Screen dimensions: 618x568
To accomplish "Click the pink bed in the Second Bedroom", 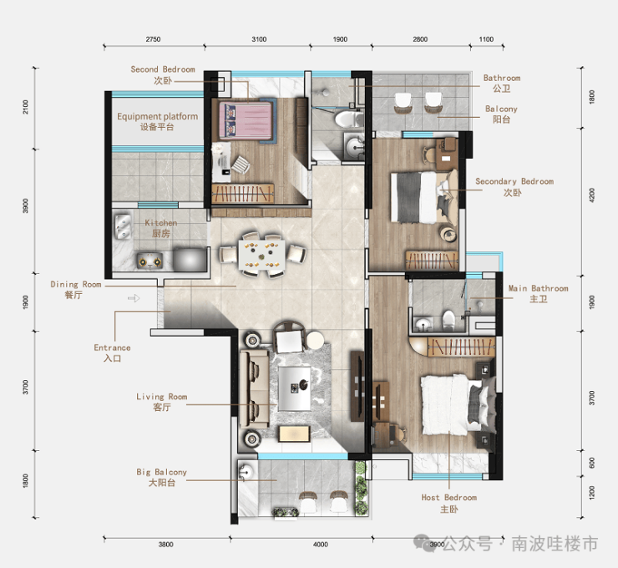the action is click(x=246, y=120).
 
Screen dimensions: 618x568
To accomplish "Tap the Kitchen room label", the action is click(x=161, y=228).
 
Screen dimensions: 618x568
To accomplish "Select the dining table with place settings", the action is click(x=261, y=254).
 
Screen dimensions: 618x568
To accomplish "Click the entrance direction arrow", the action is click(x=134, y=298).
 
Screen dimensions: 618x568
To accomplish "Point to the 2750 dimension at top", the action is click(x=153, y=39).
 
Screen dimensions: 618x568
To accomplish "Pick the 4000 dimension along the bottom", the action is click(x=321, y=545).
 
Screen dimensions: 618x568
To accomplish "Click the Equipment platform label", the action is click(x=157, y=121).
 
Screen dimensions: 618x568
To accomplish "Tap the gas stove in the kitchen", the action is click(x=149, y=261).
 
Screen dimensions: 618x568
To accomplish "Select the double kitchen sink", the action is click(x=123, y=226).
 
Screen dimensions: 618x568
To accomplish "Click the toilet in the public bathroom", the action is click(x=348, y=119).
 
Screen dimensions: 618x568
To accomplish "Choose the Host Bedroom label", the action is click(x=449, y=504).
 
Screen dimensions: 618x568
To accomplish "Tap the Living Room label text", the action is click(x=161, y=402).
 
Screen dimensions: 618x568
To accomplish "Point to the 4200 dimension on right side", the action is click(x=591, y=195).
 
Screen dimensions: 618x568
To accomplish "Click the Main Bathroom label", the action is click(x=538, y=294).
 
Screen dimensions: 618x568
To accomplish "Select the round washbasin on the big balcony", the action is click(x=246, y=472).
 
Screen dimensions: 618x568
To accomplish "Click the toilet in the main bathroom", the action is click(x=448, y=320).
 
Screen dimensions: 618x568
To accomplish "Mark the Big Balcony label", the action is click(x=161, y=477).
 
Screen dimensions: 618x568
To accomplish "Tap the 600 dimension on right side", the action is click(x=591, y=463).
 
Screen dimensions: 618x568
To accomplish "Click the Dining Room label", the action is click(x=76, y=289).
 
